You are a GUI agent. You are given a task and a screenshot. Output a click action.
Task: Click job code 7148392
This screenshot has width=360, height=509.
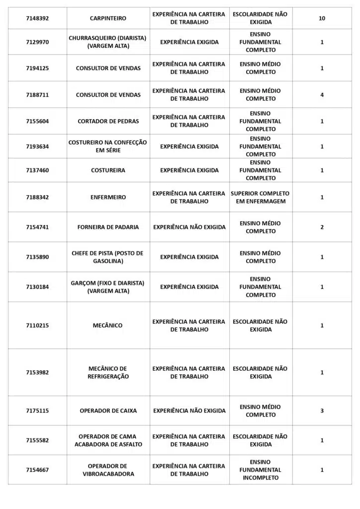pyautogui.click(x=37, y=18)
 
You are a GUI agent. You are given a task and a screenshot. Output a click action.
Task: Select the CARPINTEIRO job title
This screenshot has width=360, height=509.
pyautogui.click(x=108, y=18)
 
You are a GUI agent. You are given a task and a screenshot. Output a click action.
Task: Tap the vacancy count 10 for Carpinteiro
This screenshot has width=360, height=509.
pyautogui.click(x=322, y=18)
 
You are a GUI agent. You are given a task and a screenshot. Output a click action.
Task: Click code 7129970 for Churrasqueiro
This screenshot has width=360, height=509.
pyautogui.click(x=37, y=42)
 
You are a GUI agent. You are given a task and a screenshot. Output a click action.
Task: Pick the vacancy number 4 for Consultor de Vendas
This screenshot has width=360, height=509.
pyautogui.click(x=322, y=95)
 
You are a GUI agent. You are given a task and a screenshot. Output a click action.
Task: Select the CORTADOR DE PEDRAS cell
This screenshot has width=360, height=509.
pyautogui.click(x=108, y=121)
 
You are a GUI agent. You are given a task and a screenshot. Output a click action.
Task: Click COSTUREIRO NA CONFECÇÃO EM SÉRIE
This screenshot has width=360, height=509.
pyautogui.click(x=108, y=147)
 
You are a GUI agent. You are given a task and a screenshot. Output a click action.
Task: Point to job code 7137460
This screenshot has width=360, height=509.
pyautogui.click(x=37, y=170)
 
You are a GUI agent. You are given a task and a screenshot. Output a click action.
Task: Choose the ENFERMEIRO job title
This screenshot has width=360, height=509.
pyautogui.click(x=108, y=197)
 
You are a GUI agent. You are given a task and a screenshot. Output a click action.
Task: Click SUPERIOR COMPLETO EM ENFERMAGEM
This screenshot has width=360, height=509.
pyautogui.click(x=260, y=197)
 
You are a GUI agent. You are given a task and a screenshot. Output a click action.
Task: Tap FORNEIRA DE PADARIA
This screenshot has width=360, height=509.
pyautogui.click(x=108, y=227)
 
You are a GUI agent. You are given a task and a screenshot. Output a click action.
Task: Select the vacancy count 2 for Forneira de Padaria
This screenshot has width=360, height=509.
pyautogui.click(x=322, y=227)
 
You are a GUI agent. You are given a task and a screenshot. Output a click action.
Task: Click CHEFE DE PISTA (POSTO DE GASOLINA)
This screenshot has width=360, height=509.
pyautogui.click(x=108, y=257)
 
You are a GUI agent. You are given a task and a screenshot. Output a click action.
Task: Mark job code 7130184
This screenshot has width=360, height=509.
pyautogui.click(x=37, y=287)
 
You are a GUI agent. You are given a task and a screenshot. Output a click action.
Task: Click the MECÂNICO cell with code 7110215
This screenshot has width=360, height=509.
pyautogui.click(x=108, y=326)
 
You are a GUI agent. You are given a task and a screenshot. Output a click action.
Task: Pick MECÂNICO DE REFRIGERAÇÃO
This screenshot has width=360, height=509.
pyautogui.click(x=108, y=373)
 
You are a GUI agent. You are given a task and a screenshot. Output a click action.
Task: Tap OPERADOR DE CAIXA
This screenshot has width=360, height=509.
pyautogui.click(x=108, y=411)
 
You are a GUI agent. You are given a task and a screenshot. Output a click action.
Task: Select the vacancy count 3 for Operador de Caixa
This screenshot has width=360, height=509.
pyautogui.click(x=322, y=411)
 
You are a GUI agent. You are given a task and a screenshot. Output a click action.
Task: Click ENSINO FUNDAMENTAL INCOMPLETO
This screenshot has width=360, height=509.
pyautogui.click(x=260, y=470)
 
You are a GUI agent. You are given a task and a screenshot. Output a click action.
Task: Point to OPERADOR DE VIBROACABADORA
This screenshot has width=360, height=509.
pyautogui.click(x=108, y=470)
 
